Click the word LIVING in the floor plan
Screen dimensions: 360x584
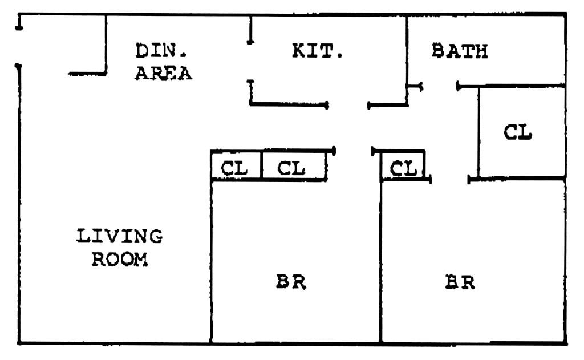[119, 236]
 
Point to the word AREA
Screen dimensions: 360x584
[163, 73]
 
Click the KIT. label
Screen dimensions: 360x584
[317, 51]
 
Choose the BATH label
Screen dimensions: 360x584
[460, 51]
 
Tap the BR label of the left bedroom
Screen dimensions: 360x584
[291, 282]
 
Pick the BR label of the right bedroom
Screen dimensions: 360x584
[460, 282]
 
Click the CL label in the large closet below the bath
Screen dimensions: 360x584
[518, 132]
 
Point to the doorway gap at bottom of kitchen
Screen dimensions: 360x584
[348, 106]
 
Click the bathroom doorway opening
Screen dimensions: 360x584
[439, 87]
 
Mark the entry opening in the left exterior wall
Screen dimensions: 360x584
[19, 47]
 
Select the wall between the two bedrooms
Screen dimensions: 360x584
[380, 262]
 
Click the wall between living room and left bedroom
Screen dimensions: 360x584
[212, 262]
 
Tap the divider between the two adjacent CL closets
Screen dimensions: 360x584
[261, 166]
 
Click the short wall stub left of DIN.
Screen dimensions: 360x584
[106, 46]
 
